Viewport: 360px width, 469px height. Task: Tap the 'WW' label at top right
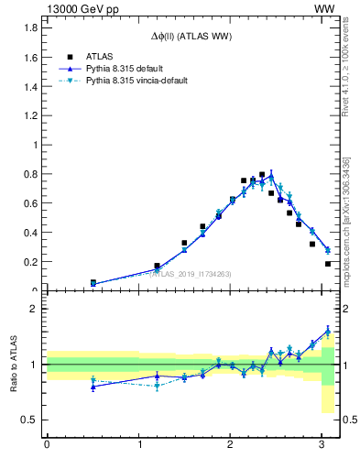tap(325, 7)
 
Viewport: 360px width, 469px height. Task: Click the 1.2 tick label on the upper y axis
tap(29, 115)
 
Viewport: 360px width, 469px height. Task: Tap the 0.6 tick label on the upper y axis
tap(29, 203)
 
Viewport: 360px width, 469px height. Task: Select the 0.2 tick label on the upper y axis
tap(29, 262)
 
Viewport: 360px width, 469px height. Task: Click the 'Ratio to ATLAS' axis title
tap(14, 364)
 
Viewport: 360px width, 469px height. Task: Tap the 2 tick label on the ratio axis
tap(33, 309)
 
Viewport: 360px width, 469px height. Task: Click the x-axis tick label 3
tap(322, 448)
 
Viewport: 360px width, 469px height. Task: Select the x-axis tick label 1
tap(138, 448)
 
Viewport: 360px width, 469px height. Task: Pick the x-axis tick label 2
tap(230, 448)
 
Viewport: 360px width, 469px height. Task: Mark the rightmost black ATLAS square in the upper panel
tap(328, 264)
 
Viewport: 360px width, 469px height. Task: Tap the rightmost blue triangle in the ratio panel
tap(328, 332)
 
